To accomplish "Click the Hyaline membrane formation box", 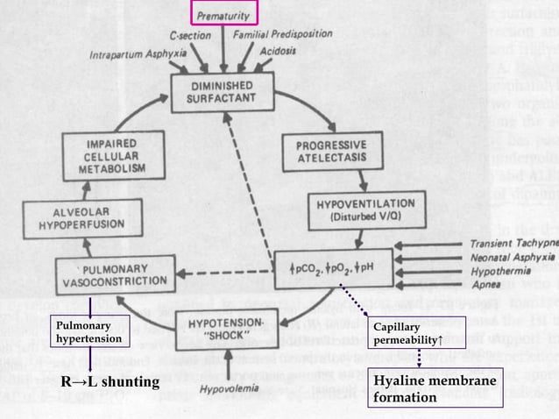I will [435, 389].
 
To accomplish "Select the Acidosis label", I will [279, 51].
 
